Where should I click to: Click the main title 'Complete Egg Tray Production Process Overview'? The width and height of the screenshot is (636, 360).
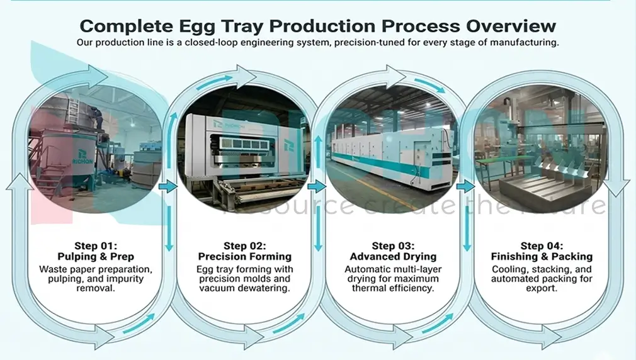[x=318, y=26]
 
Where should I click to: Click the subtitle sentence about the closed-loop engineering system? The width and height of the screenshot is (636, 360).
[x=318, y=43]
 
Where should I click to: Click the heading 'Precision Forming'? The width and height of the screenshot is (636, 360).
[x=244, y=257]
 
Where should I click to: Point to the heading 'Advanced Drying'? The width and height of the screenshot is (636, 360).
[x=393, y=257]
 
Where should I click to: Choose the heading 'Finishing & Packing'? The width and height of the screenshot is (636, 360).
[x=542, y=257]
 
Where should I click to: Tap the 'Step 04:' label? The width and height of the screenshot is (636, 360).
[x=542, y=246]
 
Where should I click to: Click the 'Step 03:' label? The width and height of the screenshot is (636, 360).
[x=393, y=246]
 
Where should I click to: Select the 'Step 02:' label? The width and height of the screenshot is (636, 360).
[x=244, y=246]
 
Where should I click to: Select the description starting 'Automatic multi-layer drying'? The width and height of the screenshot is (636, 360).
[x=393, y=279]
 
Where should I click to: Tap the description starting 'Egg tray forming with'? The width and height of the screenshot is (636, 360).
[x=244, y=279]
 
